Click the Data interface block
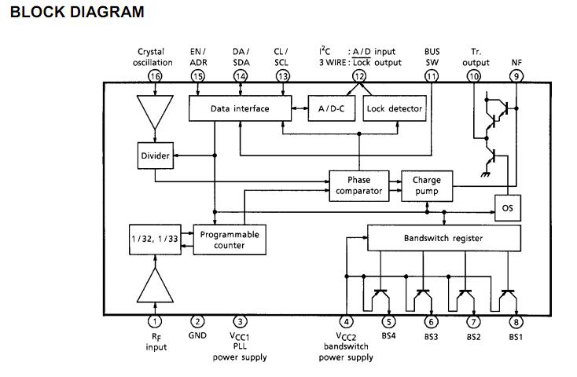pos(241,108)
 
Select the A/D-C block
pos(333,108)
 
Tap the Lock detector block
pos(394,108)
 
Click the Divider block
pos(155,156)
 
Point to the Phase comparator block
pos(358,185)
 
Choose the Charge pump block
pos(427,185)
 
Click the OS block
pos(506,208)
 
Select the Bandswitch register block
pos(443,238)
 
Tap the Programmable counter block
pos(229,239)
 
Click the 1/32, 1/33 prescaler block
pos(154,239)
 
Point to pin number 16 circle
pos(155,76)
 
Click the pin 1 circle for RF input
pos(155,321)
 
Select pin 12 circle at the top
pos(359,76)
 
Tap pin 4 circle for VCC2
pos(347,321)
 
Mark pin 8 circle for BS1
pos(516,321)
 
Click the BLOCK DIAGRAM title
pos(78,12)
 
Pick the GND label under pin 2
pos(197,335)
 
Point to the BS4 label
pos(388,336)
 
